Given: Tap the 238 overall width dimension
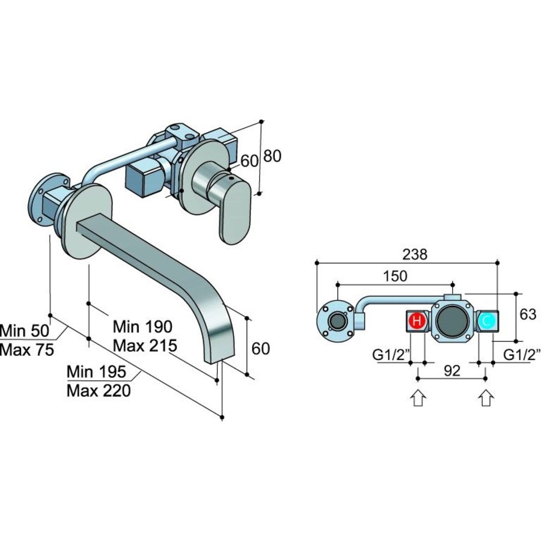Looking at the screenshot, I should pos(415,254).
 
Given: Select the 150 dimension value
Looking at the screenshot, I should pos(395,276).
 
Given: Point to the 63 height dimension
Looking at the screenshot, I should pos(527,314).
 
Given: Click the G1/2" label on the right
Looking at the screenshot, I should pos(521,355).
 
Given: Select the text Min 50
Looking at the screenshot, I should pos(26,331).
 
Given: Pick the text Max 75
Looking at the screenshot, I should pos(27,350).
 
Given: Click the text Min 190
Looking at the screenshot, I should pos(142,326).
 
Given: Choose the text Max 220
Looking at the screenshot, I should pos(98,391).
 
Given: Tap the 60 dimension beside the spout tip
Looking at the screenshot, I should pos(260,348).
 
